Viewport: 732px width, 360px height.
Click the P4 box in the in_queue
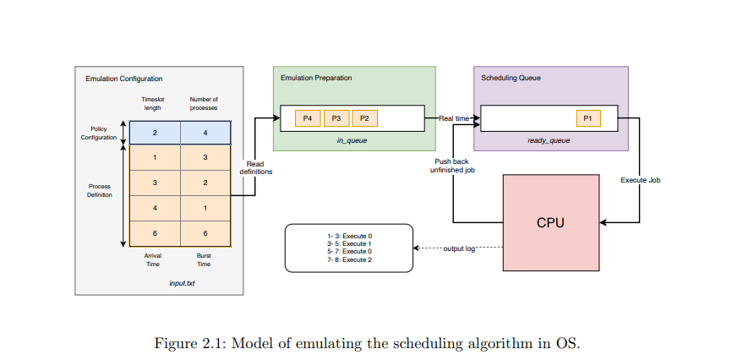[308, 118]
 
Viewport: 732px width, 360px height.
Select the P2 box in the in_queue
[365, 118]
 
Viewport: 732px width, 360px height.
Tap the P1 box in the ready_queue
[588, 118]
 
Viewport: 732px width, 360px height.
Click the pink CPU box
[550, 223]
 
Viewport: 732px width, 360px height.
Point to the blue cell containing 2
[155, 134]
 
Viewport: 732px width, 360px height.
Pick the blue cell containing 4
[205, 134]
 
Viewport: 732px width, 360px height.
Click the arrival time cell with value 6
[155, 232]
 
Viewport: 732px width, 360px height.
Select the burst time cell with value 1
[205, 207]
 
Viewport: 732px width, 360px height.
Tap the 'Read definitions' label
[255, 167]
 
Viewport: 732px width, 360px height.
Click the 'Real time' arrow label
[453, 118]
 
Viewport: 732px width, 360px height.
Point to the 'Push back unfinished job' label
[451, 165]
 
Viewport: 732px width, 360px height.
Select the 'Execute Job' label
[640, 180]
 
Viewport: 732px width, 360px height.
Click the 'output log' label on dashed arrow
[460, 248]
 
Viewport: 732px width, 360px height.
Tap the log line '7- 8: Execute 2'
[349, 259]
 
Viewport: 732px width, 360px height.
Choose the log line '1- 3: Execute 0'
[349, 236]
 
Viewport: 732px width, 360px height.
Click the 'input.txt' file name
[182, 283]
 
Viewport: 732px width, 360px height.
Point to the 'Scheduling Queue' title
[511, 78]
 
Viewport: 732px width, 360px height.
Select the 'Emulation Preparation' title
[316, 78]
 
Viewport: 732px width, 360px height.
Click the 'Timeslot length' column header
[155, 103]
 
